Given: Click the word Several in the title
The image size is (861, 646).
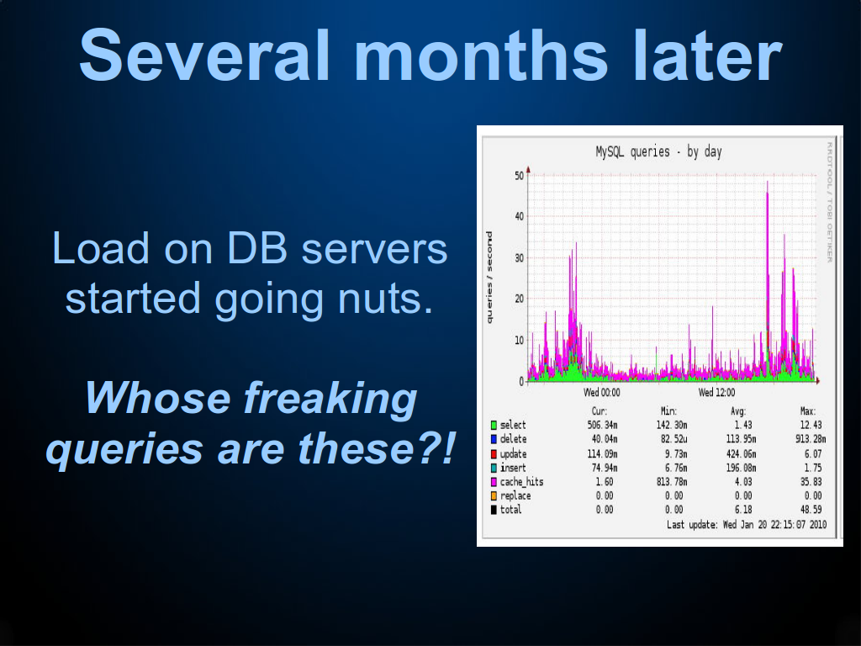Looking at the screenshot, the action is [x=205, y=55].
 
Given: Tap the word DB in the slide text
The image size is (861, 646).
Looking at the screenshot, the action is [x=257, y=248].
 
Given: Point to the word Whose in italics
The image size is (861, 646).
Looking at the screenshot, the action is [x=157, y=398].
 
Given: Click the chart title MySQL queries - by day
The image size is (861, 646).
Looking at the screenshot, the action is [x=658, y=151].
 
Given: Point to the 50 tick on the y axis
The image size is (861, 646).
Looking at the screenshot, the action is [x=519, y=176].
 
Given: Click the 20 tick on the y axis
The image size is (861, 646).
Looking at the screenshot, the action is [x=519, y=299].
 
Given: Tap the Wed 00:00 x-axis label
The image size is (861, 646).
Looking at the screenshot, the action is [x=602, y=392].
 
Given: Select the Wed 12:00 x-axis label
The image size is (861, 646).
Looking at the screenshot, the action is [x=716, y=392].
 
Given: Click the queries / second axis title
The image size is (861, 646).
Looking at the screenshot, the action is [x=489, y=278].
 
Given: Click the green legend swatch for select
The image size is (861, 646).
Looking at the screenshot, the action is [x=494, y=425].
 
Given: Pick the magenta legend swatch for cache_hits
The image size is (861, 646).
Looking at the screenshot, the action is [x=494, y=482].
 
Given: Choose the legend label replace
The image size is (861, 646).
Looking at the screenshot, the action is [x=515, y=496].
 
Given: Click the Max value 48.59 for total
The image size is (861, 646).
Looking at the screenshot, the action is [x=811, y=510].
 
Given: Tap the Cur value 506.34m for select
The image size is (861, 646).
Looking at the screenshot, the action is [x=602, y=425].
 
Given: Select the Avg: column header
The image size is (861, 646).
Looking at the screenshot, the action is [x=738, y=410].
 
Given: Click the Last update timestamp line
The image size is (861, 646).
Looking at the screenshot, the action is [x=747, y=525].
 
